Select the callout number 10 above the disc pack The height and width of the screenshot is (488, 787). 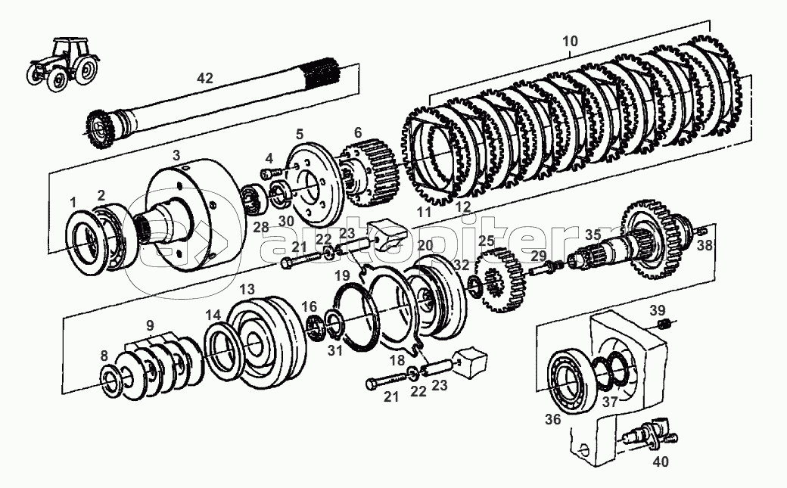coord(571,41)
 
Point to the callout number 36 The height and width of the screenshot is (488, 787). coord(553,420)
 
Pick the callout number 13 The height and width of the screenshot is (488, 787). coord(247,290)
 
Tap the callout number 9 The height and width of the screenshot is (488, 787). coord(150,325)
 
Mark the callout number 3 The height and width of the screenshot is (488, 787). coord(176,155)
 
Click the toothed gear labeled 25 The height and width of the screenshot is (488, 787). coord(500,281)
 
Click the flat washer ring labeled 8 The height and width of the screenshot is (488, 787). coord(115,381)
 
